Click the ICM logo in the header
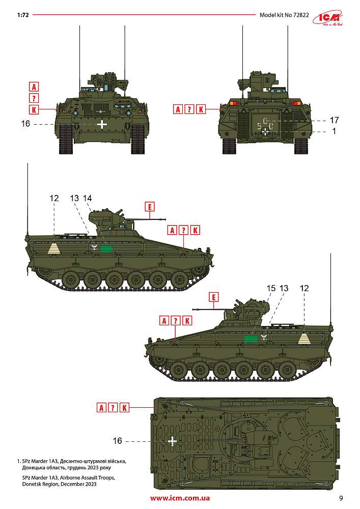pos(328,18)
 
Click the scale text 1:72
pos(23,15)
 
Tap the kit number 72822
pos(301,15)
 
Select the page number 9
pos(341,498)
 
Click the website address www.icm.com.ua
pos(180,498)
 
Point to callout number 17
pos(334,120)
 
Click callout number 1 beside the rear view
pos(335,131)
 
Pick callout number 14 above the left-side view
pos(87,198)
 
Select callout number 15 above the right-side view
pos(271,288)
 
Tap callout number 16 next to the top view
pos(118,440)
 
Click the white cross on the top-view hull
pos(173,440)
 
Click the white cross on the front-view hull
pos(102,124)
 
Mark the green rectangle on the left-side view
pos(106,249)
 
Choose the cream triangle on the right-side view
pos(304,339)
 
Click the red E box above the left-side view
pos(150,207)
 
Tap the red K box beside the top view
pos(124,408)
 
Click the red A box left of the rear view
pos(178,109)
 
